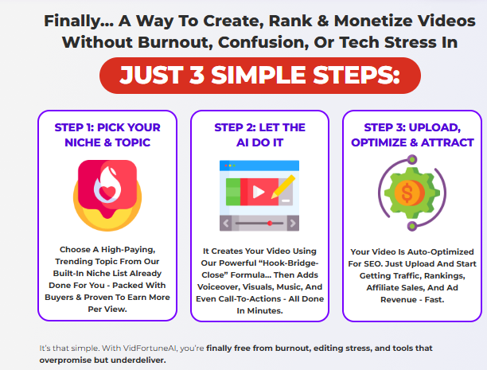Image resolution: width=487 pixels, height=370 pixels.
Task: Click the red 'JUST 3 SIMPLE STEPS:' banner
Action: [260, 76]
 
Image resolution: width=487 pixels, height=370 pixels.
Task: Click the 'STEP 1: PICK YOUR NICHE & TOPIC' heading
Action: [107, 134]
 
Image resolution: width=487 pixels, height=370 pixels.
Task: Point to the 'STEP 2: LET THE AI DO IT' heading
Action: [259, 134]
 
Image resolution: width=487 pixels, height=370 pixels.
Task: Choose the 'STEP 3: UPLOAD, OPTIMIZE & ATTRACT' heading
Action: [412, 134]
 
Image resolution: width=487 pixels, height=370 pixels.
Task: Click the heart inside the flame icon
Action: [107, 193]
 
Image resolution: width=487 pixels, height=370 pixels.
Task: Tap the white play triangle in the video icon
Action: [259, 192]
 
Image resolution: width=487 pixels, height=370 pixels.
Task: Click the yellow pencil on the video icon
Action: [283, 186]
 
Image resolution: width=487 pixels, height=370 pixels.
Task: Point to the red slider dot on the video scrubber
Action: [270, 223]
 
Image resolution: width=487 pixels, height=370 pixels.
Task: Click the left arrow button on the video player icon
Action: [226, 223]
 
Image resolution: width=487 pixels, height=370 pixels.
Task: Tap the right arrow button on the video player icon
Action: [293, 223]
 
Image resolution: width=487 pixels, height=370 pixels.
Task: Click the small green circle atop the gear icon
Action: [412, 160]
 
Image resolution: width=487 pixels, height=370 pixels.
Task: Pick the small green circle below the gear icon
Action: [412, 226]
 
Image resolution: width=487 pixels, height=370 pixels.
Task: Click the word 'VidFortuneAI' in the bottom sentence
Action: [150, 349]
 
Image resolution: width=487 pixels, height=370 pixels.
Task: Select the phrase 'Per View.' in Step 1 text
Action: [107, 310]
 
